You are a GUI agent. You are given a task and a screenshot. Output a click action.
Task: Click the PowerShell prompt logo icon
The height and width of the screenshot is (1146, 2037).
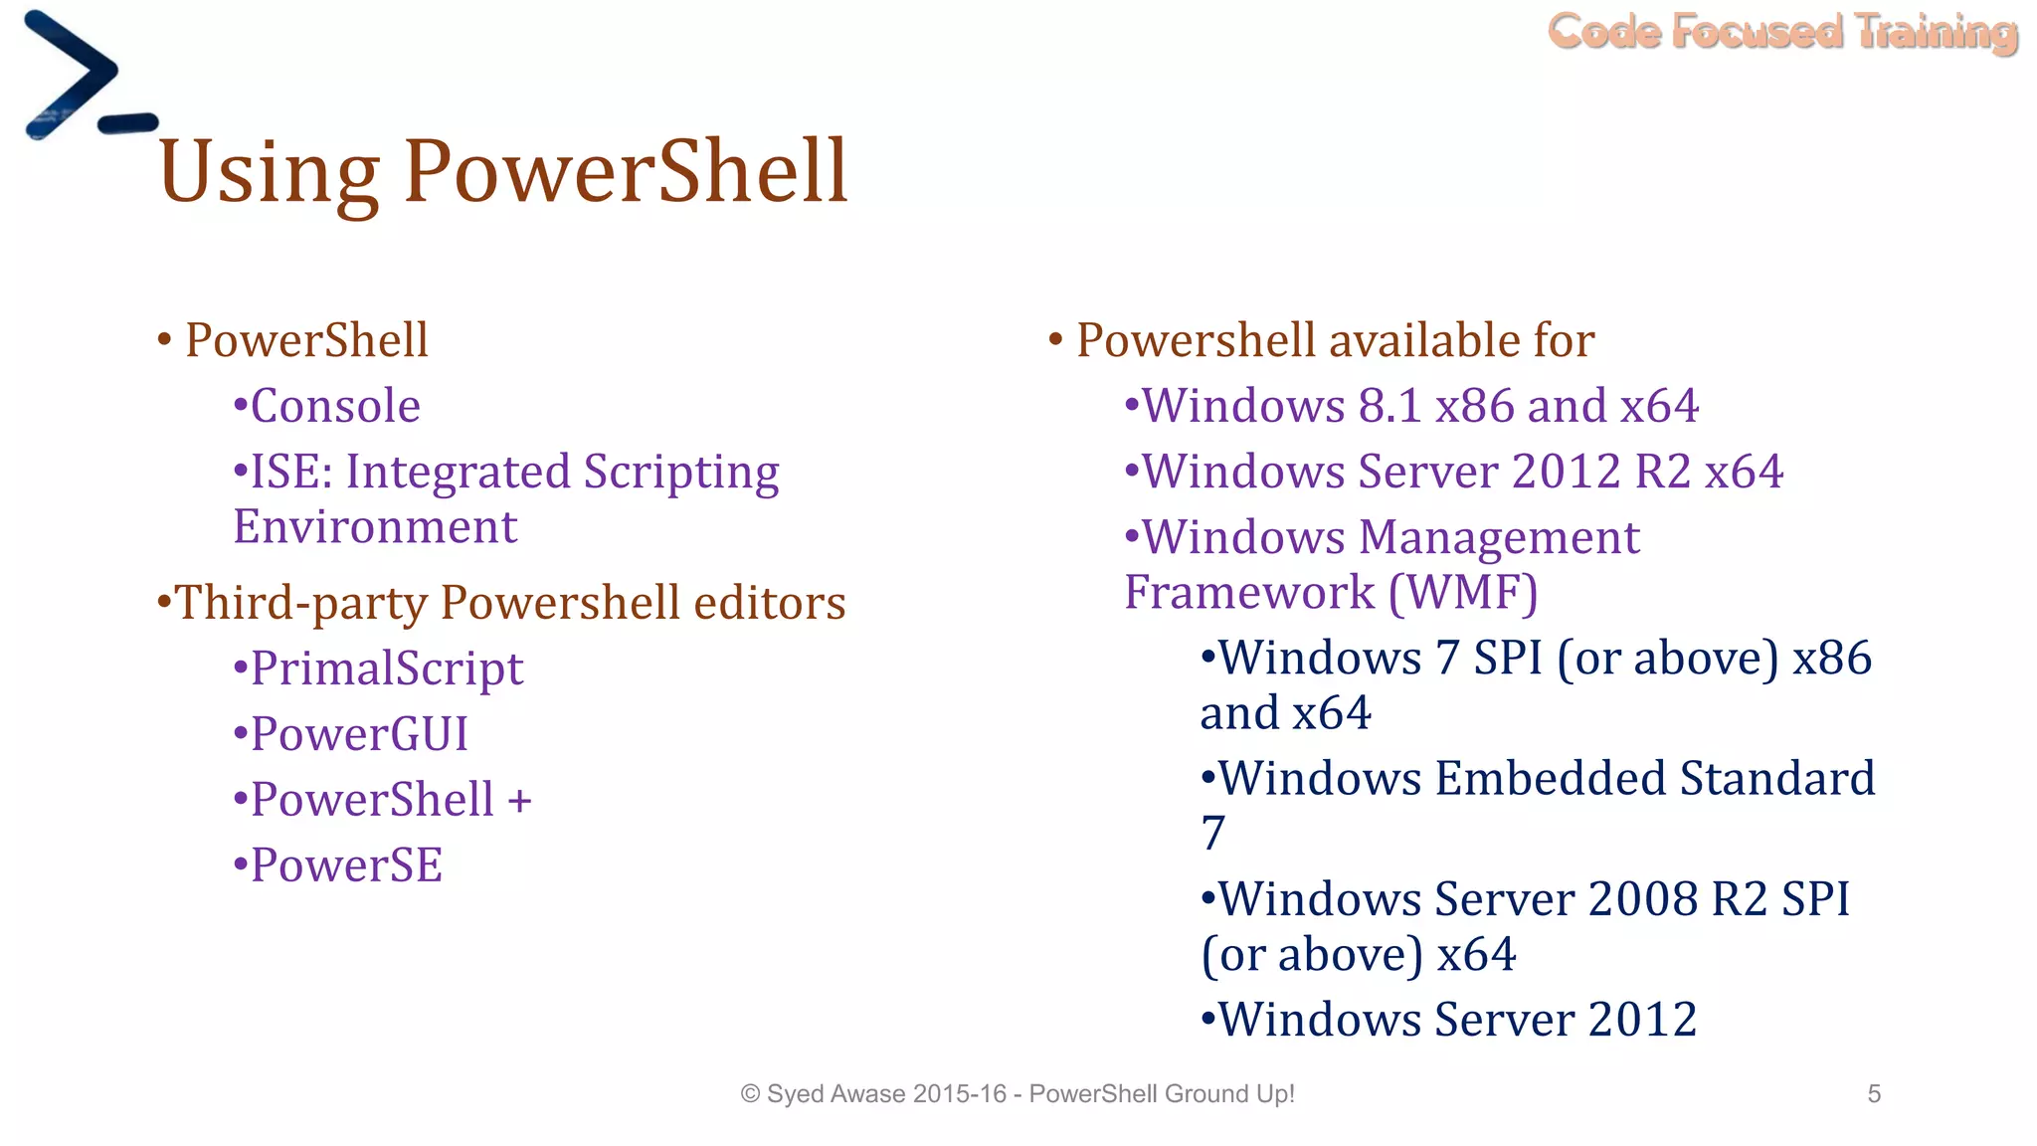(x=85, y=78)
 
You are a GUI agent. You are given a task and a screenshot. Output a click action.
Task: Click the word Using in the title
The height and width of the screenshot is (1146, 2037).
(x=269, y=172)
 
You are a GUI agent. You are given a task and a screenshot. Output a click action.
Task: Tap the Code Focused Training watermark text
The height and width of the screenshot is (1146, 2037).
(x=1782, y=32)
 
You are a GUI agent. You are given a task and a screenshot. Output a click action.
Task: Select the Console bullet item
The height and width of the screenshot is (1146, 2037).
(x=335, y=406)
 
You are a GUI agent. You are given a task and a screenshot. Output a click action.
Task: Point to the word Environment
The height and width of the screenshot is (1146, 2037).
(x=375, y=526)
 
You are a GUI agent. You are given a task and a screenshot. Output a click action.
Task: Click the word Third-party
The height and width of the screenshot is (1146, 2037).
(x=299, y=603)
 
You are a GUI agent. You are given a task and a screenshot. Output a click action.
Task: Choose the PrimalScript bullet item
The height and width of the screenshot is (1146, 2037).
(x=386, y=668)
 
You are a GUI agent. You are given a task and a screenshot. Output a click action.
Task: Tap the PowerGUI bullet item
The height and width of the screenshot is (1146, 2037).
(x=358, y=734)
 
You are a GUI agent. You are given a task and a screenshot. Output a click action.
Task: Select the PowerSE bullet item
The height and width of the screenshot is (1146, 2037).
(x=345, y=865)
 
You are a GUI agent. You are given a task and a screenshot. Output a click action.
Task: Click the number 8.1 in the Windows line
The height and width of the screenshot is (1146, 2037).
(x=1389, y=406)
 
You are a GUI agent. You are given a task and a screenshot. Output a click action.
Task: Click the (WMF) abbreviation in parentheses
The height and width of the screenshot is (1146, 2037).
(x=1463, y=593)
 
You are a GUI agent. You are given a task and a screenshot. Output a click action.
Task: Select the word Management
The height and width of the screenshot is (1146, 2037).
(x=1499, y=538)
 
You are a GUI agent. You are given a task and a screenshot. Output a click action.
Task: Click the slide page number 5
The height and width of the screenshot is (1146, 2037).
(x=1874, y=1094)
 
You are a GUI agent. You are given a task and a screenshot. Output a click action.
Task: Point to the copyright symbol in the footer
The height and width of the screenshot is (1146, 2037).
(x=751, y=1094)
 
